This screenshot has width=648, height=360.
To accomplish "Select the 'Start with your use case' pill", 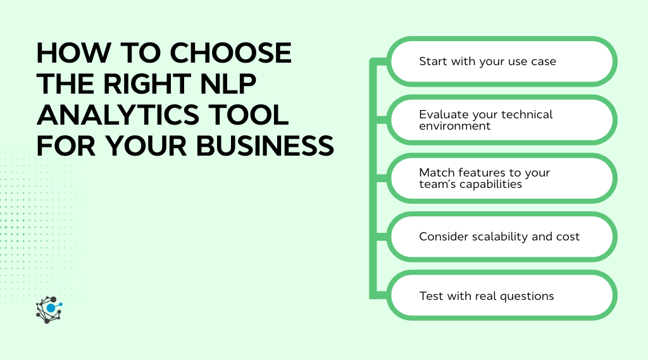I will click(x=501, y=61).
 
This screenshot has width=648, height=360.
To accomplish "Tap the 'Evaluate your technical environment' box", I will click(x=501, y=120).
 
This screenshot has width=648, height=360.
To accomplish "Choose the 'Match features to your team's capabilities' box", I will click(x=501, y=178).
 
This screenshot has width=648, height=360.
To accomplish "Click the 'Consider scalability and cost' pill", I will click(x=501, y=237).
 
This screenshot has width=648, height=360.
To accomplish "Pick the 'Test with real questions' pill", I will click(x=501, y=295).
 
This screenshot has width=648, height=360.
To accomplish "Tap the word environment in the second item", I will click(x=454, y=126).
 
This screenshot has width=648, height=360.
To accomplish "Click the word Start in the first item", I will click(x=433, y=61).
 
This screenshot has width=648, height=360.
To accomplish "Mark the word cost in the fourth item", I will click(x=568, y=237).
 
